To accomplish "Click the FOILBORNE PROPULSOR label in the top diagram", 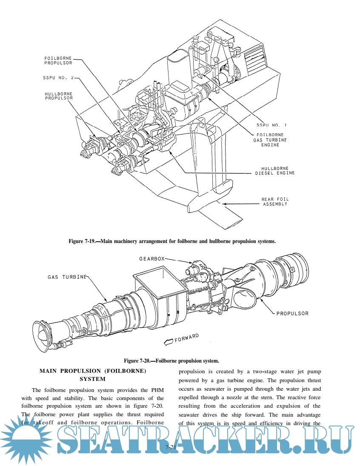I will pos(58,60).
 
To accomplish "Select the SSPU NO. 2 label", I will pos(58,78).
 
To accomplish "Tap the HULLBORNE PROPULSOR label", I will pos(59,95).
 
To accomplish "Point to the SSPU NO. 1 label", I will pos(272,125).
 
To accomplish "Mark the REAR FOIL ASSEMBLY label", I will pos(274,202).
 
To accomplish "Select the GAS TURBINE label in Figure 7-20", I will pos(67,277).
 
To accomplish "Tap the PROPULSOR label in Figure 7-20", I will pos(292,313).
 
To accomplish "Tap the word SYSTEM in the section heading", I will pos(93,379).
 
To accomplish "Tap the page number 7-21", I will pos(171,447).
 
